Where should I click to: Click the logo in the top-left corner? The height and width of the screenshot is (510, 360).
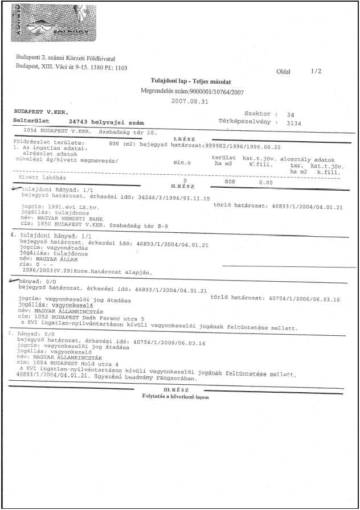coord(50,21)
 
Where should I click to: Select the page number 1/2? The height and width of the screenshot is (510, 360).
coord(316,72)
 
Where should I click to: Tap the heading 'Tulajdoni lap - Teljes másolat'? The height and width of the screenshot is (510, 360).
coord(187,81)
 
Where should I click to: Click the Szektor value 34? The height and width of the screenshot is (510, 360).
coord(291,114)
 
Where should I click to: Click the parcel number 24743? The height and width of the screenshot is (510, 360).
coord(79,122)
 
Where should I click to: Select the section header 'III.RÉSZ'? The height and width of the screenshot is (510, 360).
coord(171,389)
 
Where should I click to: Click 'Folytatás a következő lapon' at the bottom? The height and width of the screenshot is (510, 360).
coord(175,397)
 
